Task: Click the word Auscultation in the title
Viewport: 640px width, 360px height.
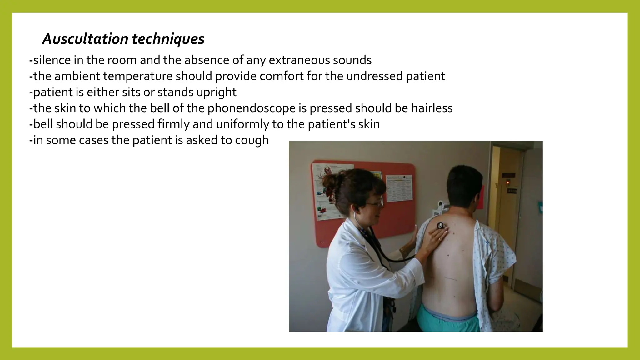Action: [85, 39]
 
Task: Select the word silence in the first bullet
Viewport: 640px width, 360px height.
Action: [51, 60]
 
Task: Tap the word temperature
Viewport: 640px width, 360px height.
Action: [138, 76]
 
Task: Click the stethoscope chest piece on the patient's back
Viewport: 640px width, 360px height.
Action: [441, 226]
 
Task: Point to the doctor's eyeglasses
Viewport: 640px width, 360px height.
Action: [374, 204]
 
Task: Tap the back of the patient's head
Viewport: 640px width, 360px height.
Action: [462, 184]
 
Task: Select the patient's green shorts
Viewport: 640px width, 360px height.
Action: [448, 319]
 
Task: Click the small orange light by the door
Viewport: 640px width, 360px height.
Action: [507, 182]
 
